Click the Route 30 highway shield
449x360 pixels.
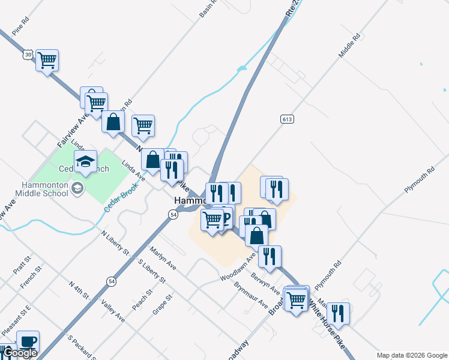pos(28,54)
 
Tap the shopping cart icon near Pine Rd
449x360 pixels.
pos(47,60)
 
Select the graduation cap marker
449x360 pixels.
pos(86,161)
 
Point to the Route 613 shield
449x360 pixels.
pos(286,119)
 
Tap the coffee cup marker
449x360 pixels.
pos(28,341)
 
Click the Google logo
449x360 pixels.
pos(20,353)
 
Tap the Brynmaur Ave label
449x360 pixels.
pos(251,295)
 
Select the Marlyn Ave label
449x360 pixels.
pos(163,258)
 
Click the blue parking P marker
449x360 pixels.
pos(225,217)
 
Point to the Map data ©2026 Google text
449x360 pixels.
pos(411,355)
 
